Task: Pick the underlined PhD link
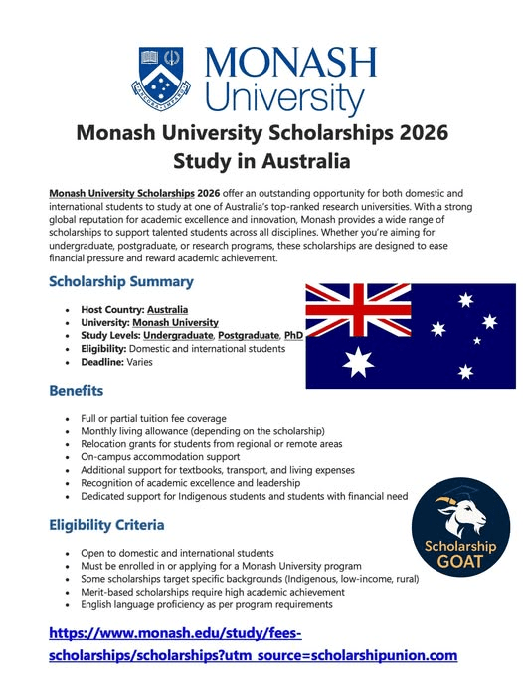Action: click(293, 335)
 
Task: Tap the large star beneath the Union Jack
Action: click(358, 361)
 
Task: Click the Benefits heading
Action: click(76, 391)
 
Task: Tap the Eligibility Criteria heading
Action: click(106, 524)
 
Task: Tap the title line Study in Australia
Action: click(261, 159)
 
